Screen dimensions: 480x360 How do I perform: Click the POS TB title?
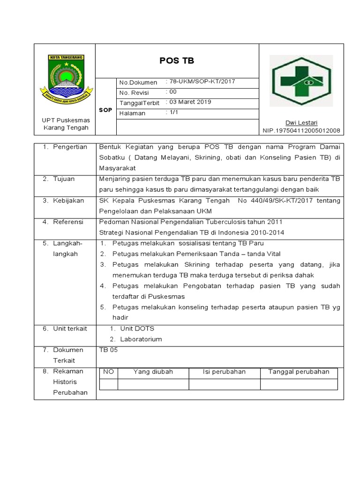click(x=177, y=61)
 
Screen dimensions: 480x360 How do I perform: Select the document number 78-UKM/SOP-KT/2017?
click(x=202, y=82)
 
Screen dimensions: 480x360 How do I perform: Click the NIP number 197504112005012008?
click(x=301, y=130)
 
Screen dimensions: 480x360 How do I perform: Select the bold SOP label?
click(x=105, y=110)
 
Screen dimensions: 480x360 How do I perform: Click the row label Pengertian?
click(x=70, y=147)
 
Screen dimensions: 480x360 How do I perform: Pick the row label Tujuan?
click(x=64, y=179)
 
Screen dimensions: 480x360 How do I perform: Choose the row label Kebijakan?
click(x=68, y=201)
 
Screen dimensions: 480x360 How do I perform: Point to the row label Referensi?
click(x=68, y=222)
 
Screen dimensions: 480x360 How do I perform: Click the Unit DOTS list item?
click(x=137, y=329)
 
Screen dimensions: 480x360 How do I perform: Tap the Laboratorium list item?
click(x=141, y=339)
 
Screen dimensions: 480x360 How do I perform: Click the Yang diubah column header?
click(x=153, y=372)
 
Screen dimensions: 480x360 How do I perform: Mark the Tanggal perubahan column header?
click(x=299, y=372)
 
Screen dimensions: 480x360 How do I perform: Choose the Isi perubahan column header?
click(x=224, y=372)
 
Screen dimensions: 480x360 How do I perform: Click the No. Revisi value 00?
click(x=172, y=92)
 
